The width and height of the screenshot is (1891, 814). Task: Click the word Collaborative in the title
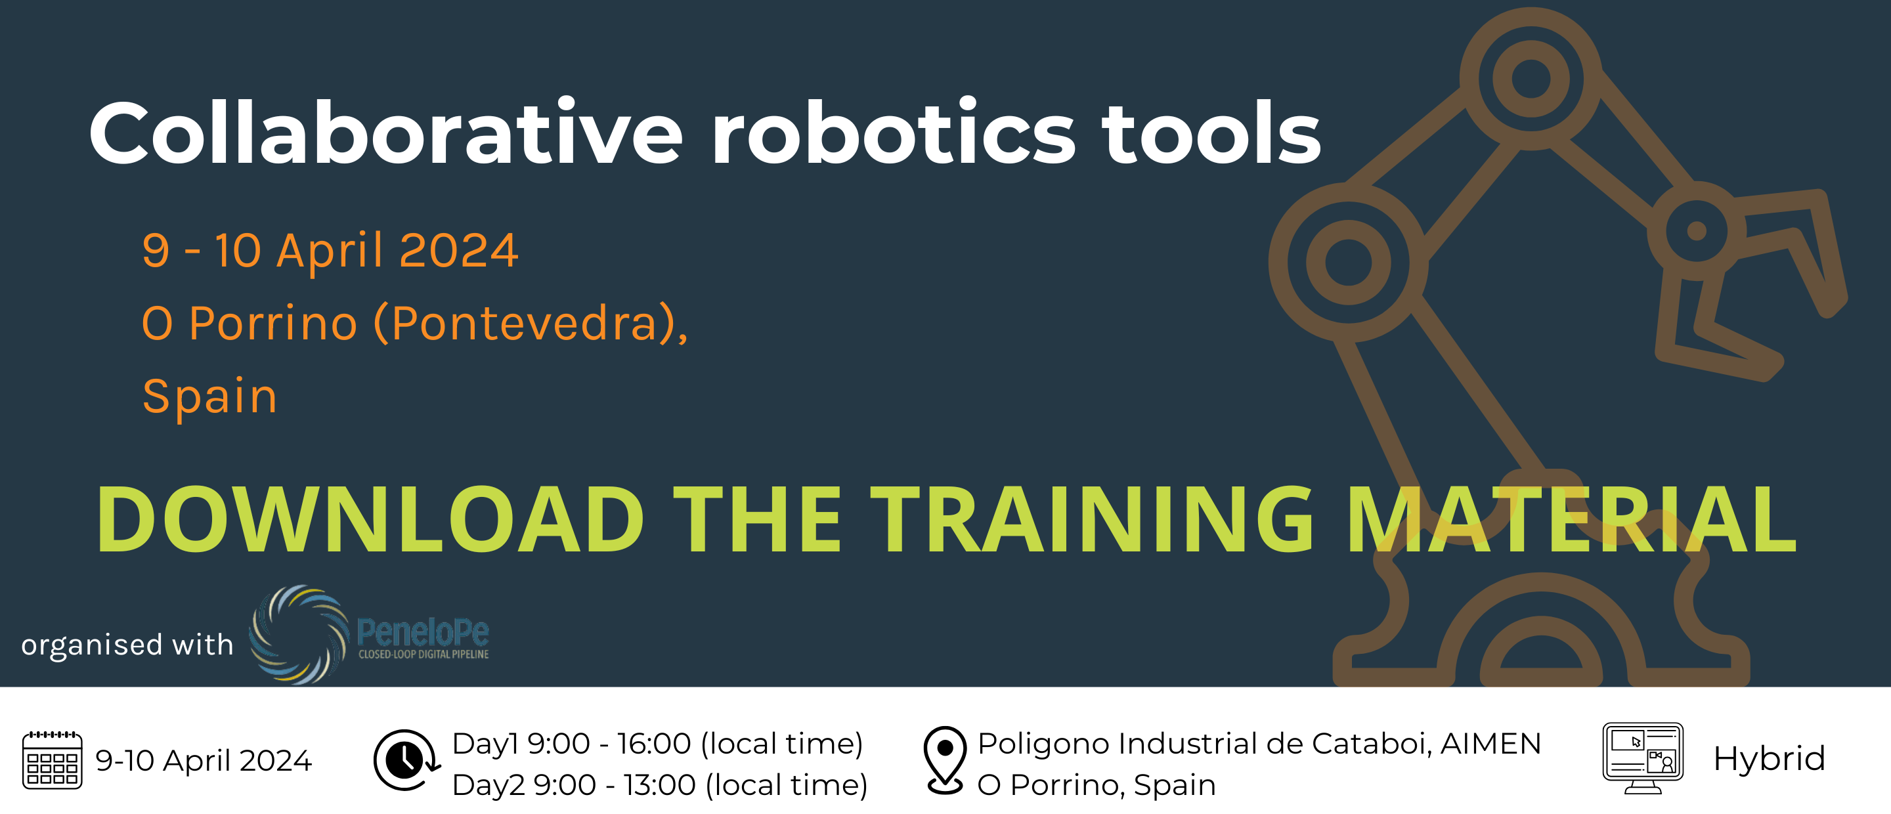386,133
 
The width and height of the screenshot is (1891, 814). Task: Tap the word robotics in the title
894,133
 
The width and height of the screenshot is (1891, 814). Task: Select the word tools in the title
1211,133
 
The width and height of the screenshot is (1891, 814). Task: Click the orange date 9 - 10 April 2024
330,250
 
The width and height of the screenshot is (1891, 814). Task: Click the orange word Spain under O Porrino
210,396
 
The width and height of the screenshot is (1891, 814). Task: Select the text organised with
127,645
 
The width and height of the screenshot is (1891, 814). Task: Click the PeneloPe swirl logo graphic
299,634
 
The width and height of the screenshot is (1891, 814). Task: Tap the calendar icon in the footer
52,760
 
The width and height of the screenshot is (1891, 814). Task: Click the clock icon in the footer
406,760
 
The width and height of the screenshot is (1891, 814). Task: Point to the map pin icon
945,760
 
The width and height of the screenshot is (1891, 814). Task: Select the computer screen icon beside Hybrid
1643,758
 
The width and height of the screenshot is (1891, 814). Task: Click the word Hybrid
1769,758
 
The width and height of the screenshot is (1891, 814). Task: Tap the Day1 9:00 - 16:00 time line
658,744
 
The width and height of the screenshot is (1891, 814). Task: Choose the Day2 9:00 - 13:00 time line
660,784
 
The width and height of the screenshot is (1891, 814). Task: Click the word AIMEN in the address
1491,744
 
